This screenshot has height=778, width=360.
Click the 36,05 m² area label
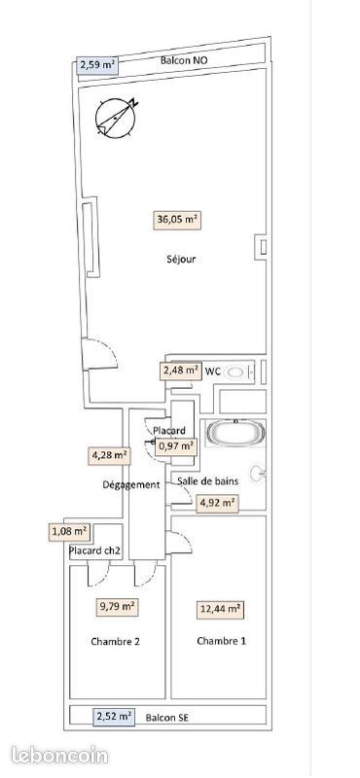[x=177, y=220]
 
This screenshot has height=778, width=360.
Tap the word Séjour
[x=181, y=259]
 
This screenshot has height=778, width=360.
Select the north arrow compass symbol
[x=116, y=118]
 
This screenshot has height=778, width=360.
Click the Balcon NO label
[x=184, y=60]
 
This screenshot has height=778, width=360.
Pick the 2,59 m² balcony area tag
[x=98, y=65]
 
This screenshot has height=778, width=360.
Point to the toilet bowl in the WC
[x=236, y=371]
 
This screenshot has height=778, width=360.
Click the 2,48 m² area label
[x=180, y=371]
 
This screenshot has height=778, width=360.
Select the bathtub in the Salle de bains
[x=234, y=434]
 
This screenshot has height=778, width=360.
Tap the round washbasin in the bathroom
[x=258, y=473]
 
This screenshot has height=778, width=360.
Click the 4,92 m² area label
[x=217, y=503]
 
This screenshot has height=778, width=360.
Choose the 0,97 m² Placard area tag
[x=176, y=446]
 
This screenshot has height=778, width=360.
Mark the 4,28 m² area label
[x=109, y=455]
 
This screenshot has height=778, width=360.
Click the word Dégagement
[x=131, y=484]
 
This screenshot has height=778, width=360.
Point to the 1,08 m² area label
[x=69, y=532]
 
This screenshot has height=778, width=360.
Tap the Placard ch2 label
[x=94, y=550]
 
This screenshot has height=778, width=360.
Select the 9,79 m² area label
[x=117, y=606]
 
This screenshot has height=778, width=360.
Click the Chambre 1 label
[x=222, y=641]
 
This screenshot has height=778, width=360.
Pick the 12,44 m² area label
[x=221, y=610]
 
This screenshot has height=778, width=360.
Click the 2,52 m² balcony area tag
[x=114, y=716]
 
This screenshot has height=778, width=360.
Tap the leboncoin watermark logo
[x=59, y=756]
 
